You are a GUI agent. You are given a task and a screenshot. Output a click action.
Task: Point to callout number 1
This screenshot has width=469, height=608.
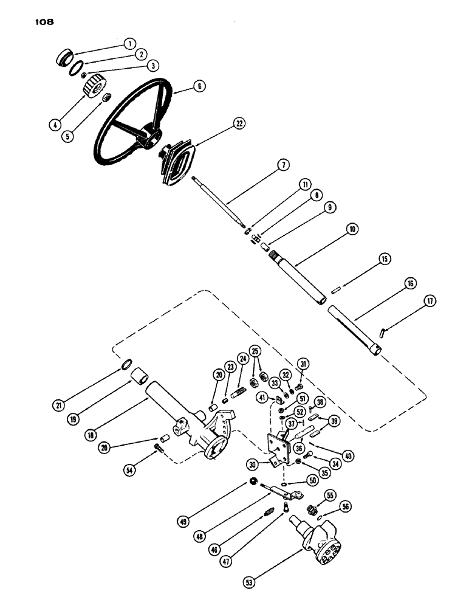point(128,43)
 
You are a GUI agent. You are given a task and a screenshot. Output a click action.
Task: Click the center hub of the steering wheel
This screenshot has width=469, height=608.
point(148,136)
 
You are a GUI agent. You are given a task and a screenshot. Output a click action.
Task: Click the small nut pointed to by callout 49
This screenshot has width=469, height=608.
point(252,482)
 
